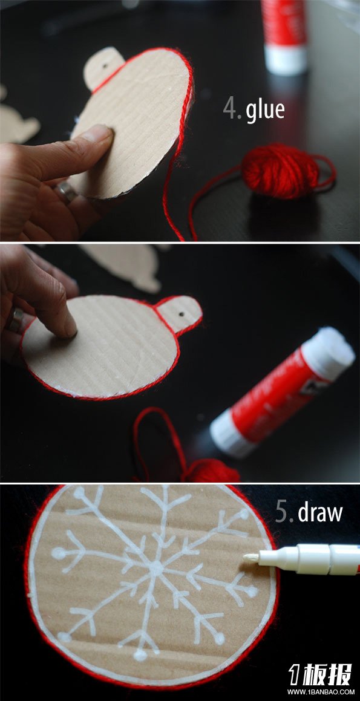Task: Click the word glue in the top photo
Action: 265,110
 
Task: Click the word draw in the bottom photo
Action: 320,513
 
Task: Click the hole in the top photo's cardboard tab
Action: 105,66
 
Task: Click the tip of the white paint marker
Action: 246,556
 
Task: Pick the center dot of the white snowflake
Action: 156,568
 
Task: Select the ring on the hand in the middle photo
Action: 15,319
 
